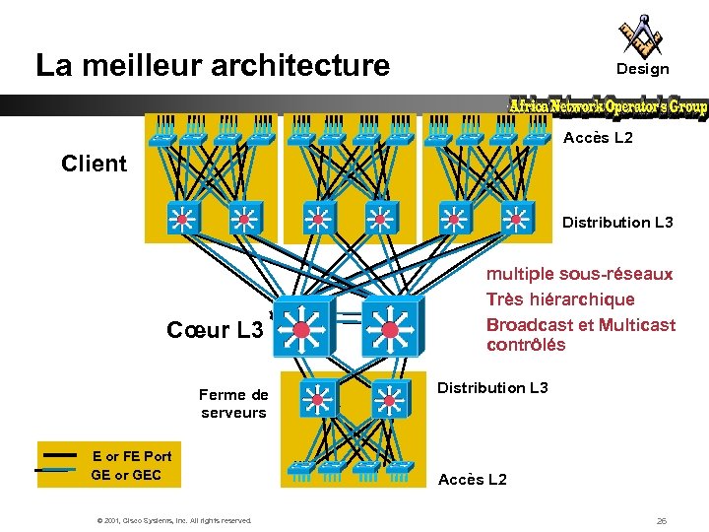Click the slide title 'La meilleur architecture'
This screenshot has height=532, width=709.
213,66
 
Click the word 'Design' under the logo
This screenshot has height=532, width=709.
642,69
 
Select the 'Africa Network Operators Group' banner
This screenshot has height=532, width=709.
608,106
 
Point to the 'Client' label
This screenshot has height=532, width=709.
94,164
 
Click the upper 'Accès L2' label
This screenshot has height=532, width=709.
598,138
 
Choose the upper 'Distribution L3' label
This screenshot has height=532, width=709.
617,223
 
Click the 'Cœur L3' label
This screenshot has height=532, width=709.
215,330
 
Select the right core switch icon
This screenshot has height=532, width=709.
390,324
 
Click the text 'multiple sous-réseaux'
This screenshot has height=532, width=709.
579,274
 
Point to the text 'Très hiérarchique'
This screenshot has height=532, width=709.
559,299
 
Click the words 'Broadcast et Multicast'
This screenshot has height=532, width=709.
581,324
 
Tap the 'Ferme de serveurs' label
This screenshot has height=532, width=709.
233,404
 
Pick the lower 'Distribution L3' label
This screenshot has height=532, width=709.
492,388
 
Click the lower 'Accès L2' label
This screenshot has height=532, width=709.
473,480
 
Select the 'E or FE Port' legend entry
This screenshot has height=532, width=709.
131,456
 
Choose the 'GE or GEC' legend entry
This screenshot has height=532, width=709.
126,476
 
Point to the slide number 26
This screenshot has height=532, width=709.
661,520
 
